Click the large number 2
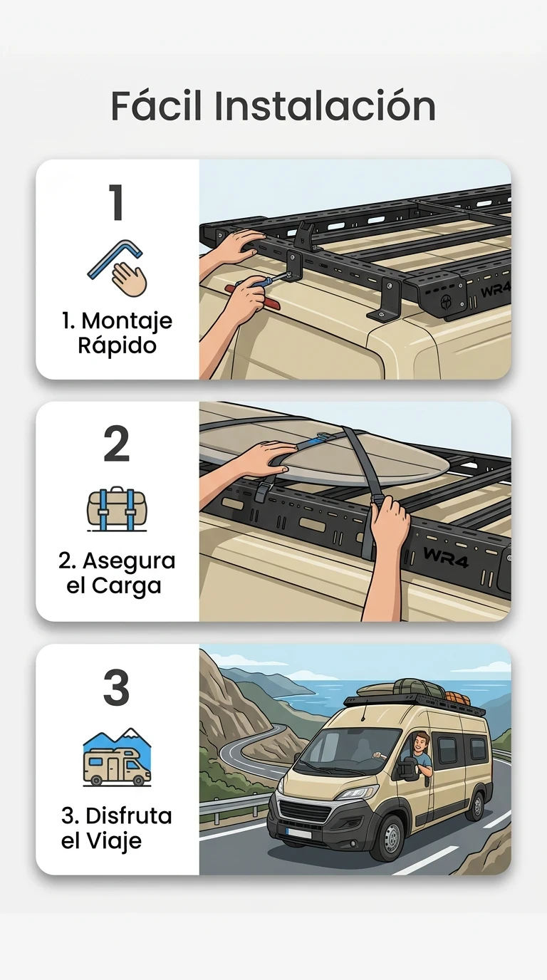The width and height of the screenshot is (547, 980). [x=116, y=444]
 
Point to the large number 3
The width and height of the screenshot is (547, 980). [x=116, y=687]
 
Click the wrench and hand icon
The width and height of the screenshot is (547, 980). [x=117, y=269]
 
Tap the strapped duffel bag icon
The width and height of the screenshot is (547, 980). [x=117, y=509]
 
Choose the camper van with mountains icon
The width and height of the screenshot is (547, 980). [x=117, y=757]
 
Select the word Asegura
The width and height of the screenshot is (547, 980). [x=129, y=561]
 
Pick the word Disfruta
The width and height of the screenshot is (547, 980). [x=129, y=816]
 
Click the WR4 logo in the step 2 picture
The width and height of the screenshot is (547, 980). [x=445, y=556]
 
